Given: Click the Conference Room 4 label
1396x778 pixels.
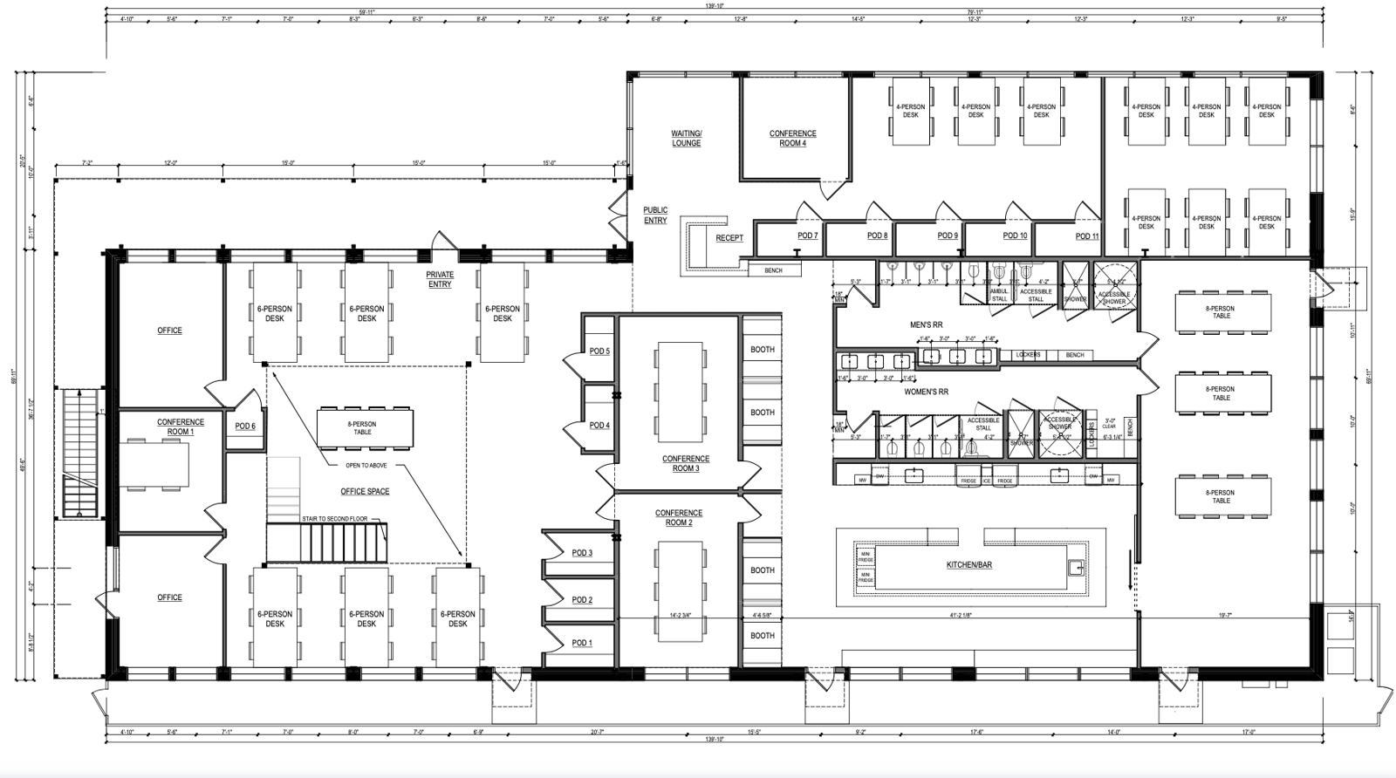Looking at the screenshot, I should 792,138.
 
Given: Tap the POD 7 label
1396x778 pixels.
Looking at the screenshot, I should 807,235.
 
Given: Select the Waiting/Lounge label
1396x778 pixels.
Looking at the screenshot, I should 686,138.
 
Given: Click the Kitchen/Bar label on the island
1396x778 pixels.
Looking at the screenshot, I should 968,565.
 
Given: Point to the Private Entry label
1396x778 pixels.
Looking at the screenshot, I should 440,279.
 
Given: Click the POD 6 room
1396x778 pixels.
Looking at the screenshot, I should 245,427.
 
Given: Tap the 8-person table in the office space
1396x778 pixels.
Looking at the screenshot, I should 363,427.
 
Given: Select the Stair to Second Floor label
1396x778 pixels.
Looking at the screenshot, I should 329,519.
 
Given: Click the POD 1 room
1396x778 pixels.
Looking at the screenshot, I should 581,644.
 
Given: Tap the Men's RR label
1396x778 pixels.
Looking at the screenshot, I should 926,325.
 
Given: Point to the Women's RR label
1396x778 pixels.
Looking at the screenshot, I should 927,392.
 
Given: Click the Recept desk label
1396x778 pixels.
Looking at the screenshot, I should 729,238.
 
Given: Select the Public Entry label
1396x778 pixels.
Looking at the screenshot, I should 655,215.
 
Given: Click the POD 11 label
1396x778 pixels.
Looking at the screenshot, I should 1086,236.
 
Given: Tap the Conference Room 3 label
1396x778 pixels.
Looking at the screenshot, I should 685,463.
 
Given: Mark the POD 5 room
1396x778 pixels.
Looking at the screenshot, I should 599,351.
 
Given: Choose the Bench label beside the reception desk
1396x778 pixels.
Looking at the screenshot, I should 773,270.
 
